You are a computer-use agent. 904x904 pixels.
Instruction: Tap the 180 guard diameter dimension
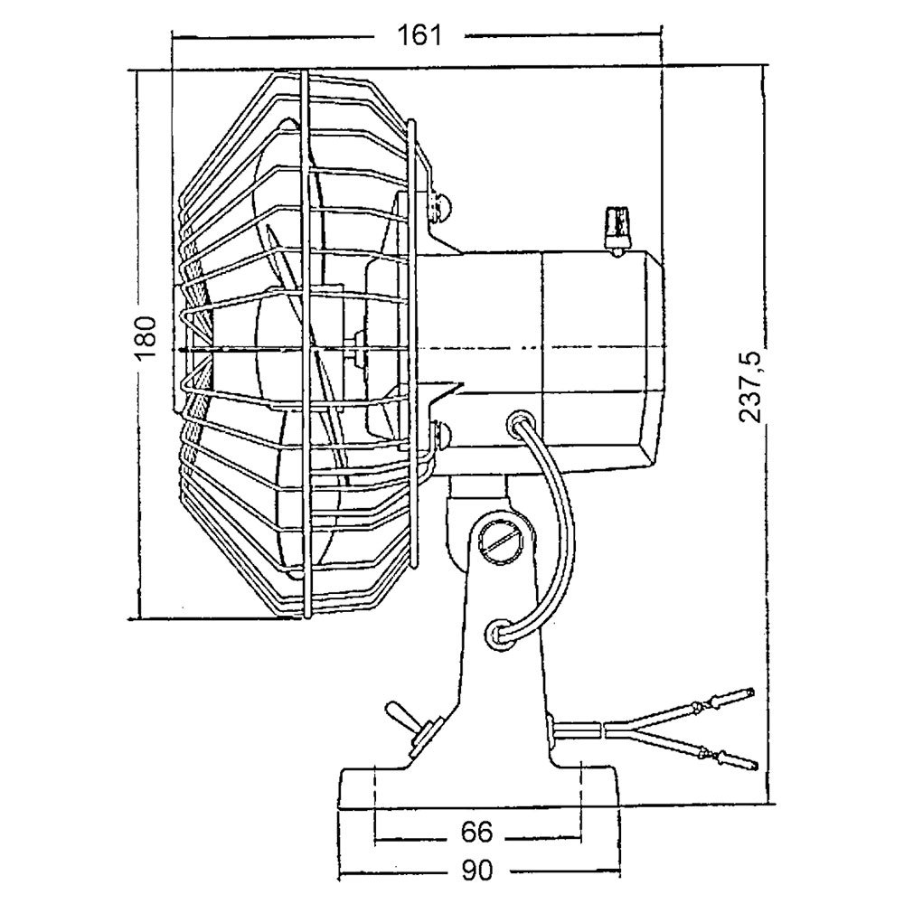coord(148,338)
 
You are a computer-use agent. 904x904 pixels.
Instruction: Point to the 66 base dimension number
coord(478,830)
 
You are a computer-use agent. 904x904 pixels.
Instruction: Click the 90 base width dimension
coord(478,871)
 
